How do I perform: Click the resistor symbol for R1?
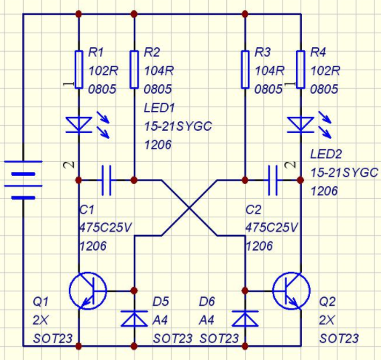[x=78, y=69]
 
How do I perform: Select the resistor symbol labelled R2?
[x=134, y=69]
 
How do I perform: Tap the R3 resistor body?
[x=245, y=69]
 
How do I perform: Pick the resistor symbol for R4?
[x=300, y=69]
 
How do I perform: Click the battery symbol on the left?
[x=23, y=180]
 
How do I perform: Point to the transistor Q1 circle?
[x=88, y=291]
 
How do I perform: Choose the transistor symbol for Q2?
[x=291, y=291]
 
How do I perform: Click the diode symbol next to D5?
[x=134, y=319]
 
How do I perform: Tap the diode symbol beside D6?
[x=245, y=319]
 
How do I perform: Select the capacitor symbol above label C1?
[x=107, y=180]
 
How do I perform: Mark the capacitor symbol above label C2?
[x=273, y=180]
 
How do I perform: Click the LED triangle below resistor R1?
[x=78, y=125]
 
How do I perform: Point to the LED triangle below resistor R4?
[x=300, y=125]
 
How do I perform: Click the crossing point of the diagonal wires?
[x=189, y=208]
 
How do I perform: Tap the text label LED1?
[x=159, y=108]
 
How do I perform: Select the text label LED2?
[x=326, y=154]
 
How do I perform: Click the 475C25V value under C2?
[x=272, y=228]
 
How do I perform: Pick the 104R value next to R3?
[x=269, y=71]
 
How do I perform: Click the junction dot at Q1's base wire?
[x=134, y=291]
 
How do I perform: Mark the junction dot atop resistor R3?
[x=245, y=14]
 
